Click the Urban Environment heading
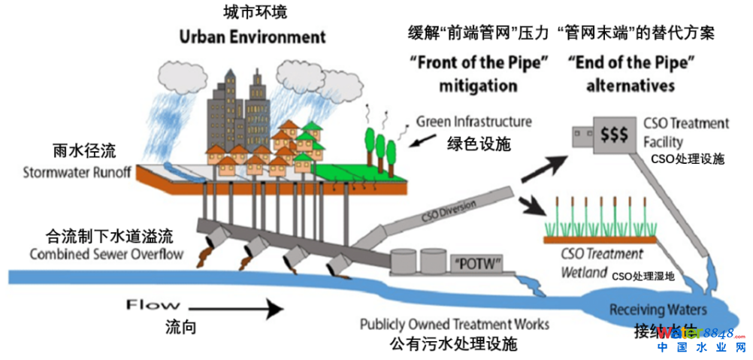pos(253,37)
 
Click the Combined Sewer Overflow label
pos(106,253)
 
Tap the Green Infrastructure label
pos(473,122)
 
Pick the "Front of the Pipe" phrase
pos(478,63)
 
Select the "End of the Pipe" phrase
pos(630,63)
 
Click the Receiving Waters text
pos(658,310)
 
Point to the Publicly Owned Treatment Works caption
pos(454,325)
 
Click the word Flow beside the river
pos(153,305)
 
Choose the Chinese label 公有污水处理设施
pos(454,346)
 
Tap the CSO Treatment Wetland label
pos(601,262)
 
